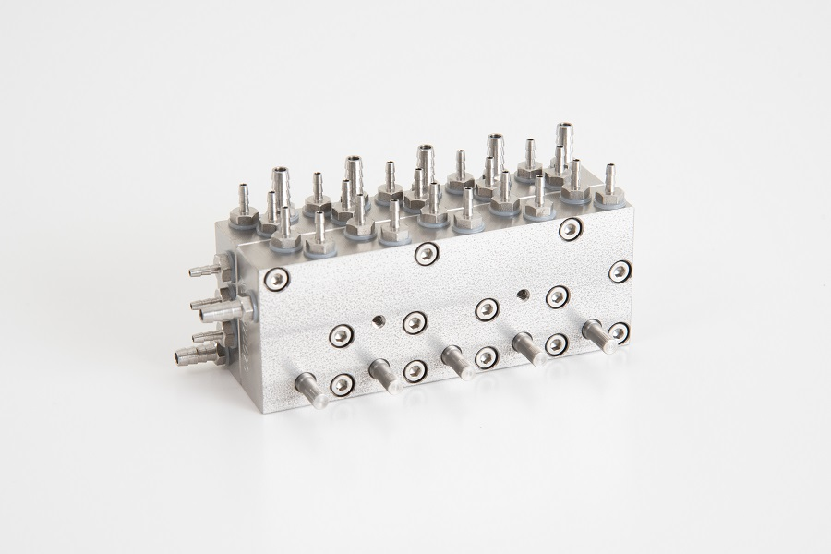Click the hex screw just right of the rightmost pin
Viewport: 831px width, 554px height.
pos(620,331)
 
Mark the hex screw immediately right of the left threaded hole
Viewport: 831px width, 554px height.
pos(414,320)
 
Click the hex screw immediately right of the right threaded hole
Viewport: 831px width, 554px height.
pos(556,295)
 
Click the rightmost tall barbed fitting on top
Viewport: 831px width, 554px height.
pos(563,140)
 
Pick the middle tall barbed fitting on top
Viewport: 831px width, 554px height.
pos(424,162)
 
